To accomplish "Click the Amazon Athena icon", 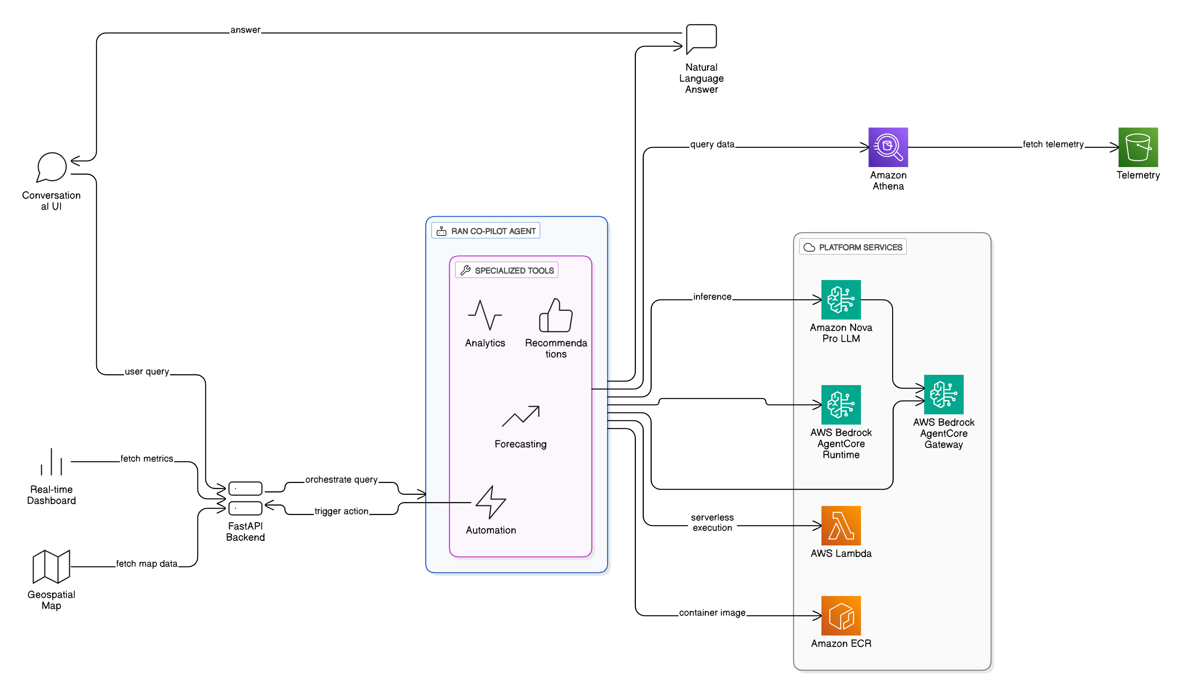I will pos(888,147).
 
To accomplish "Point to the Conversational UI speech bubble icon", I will pos(51,167).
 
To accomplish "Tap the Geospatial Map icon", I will pos(51,566).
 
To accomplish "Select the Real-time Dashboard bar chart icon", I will pos(51,462).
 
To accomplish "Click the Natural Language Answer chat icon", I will pos(701,39).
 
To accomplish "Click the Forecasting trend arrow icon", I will pos(520,416).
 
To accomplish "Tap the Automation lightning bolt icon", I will pos(490,502).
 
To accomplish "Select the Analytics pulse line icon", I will pos(485,315).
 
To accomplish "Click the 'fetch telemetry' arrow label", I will pos(1053,144).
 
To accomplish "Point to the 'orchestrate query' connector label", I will pos(341,479).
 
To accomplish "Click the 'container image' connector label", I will pos(712,612).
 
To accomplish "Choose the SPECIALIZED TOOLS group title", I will pos(514,271).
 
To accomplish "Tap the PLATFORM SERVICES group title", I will pos(860,247).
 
